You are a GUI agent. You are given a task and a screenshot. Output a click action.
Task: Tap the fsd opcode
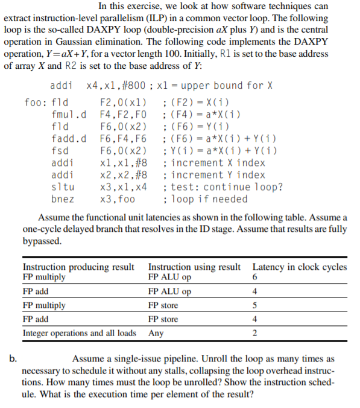(x=60, y=150)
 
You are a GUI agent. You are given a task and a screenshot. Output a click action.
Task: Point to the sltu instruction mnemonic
(x=62, y=187)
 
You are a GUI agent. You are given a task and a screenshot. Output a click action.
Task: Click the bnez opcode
(x=62, y=199)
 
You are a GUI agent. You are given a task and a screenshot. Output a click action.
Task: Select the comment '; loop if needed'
(x=205, y=199)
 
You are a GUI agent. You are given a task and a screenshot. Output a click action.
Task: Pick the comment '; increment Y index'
(x=214, y=175)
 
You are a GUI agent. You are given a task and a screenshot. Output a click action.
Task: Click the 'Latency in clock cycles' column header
(x=300, y=267)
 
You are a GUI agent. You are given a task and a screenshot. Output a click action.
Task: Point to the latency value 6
(x=256, y=278)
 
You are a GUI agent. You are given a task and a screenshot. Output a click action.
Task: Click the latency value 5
(x=256, y=305)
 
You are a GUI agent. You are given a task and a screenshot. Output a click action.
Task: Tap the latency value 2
(x=256, y=334)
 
